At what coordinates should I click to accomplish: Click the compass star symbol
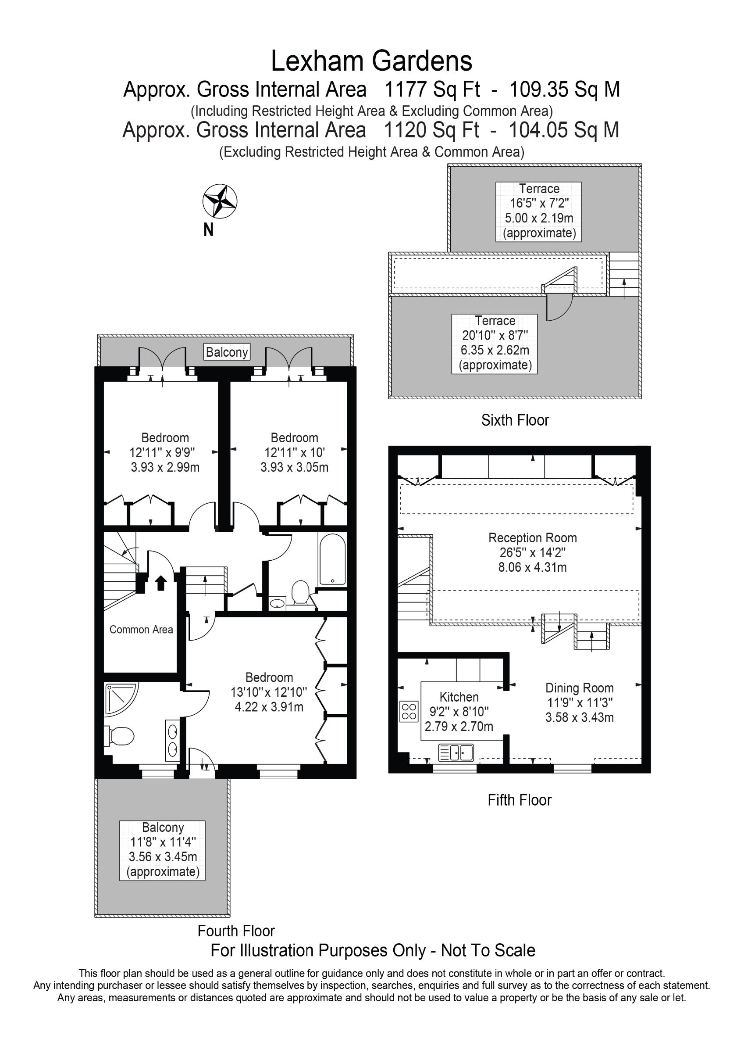point(220,201)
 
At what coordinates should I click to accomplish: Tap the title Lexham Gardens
point(372,61)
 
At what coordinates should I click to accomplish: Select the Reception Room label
point(532,537)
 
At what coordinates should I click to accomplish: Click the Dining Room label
point(580,688)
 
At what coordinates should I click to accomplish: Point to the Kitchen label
point(459,697)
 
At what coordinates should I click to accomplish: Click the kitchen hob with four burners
point(409,711)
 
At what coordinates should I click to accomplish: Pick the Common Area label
point(141,630)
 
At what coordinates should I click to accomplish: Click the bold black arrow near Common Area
point(160,584)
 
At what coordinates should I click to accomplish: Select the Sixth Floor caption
point(515,420)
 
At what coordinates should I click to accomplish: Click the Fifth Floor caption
point(520,800)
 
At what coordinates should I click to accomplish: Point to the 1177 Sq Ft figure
point(432,90)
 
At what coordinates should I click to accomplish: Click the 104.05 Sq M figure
point(564,130)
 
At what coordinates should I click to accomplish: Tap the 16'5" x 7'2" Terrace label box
point(539,211)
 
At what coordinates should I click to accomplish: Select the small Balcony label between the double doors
point(227,352)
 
